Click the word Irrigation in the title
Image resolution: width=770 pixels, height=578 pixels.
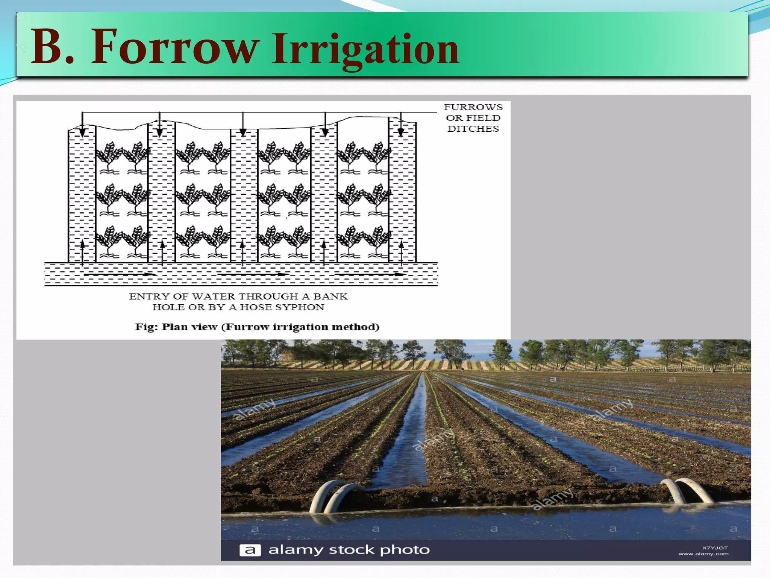pyautogui.click(x=365, y=49)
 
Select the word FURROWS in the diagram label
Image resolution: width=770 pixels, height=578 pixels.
pyautogui.click(x=473, y=107)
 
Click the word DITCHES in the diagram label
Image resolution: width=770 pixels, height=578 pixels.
pyautogui.click(x=473, y=129)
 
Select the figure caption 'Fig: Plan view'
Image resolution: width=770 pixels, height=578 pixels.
pyautogui.click(x=176, y=327)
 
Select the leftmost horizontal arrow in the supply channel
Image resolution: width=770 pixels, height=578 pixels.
pyautogui.click(x=147, y=274)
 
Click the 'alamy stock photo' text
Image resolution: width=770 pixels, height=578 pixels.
pyautogui.click(x=349, y=550)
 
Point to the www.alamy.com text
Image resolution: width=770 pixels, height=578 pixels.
pyautogui.click(x=703, y=554)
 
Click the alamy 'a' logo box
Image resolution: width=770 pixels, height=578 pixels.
pyautogui.click(x=250, y=551)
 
